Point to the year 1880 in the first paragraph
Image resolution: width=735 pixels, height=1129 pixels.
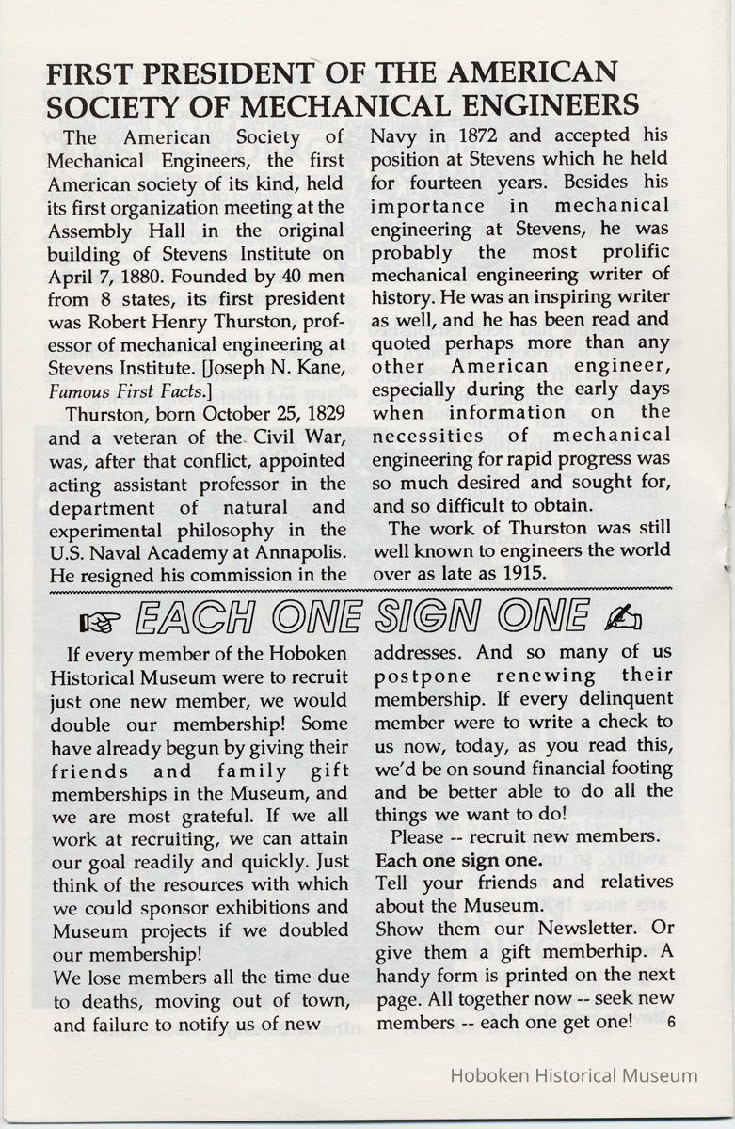(133, 276)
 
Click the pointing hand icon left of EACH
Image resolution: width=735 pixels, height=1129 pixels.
(97, 619)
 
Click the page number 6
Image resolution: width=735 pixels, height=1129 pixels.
(669, 1022)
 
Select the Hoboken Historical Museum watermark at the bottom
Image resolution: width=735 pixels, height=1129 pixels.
(575, 1075)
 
